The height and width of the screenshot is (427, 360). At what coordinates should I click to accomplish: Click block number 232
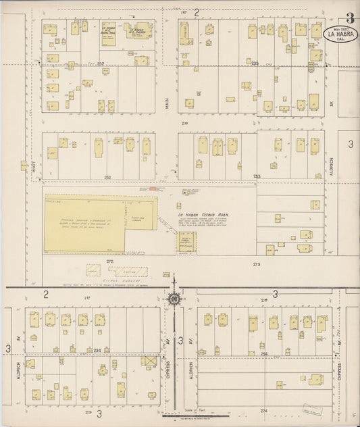pos(101,64)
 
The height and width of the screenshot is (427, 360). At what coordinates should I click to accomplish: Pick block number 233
pos(255,64)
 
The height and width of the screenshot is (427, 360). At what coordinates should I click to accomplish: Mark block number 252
pos(107,176)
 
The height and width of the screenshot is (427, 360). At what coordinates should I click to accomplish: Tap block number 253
pos(257,176)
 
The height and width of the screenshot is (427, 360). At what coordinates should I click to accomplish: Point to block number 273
pos(257,265)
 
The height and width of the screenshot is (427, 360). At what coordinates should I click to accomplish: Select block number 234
pos(97,350)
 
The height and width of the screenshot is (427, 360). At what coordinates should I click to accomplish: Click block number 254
pos(264,353)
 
